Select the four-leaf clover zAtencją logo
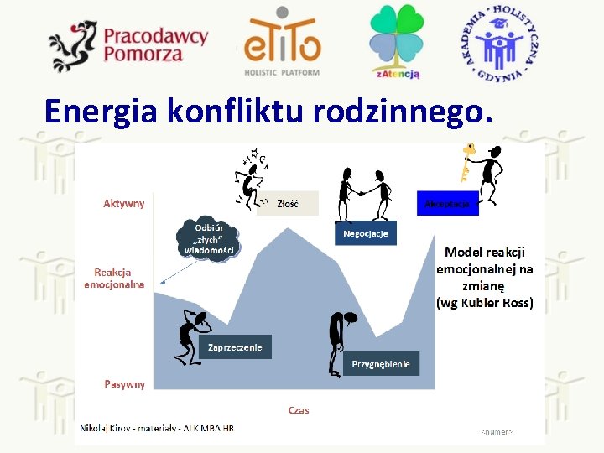(397, 40)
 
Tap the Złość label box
(288, 204)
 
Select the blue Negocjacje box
(366, 233)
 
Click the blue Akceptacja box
(447, 204)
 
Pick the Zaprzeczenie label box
(235, 347)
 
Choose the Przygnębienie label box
(381, 363)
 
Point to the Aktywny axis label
(123, 203)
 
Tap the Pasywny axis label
(124, 384)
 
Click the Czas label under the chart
(299, 410)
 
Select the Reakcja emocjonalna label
(114, 278)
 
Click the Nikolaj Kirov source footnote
(157, 428)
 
